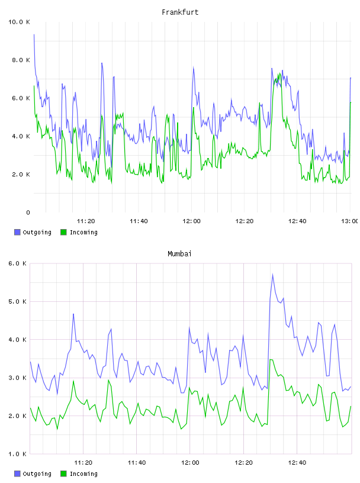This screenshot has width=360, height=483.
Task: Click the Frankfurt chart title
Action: pos(180,12)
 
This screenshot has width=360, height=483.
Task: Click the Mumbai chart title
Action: pos(179,253)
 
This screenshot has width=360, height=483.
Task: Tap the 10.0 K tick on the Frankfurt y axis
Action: pos(19,22)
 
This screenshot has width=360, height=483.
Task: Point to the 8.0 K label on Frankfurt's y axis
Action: pos(21,60)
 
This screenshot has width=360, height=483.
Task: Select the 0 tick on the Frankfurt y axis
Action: pos(28,212)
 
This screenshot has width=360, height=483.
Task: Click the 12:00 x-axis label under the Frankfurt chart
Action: pos(191,221)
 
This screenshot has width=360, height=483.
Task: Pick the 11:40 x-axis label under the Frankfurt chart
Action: pos(139,221)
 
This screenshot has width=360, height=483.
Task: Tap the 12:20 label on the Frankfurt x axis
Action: pos(245,221)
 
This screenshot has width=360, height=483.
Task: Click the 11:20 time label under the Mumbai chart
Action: pos(83,463)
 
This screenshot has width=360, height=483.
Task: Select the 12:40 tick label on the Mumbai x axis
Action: pos(297,463)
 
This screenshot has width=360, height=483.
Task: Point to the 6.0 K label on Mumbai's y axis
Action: pos(18,263)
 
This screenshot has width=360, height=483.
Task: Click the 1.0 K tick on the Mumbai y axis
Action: pos(18,454)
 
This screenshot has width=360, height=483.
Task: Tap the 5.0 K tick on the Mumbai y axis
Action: pos(18,301)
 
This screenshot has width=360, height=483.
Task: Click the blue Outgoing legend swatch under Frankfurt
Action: pos(17,232)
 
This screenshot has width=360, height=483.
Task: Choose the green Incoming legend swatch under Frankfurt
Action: pos(63,232)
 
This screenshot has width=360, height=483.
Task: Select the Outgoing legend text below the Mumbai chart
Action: pos(37,474)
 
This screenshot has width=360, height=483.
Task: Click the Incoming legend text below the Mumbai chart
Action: pos(83,474)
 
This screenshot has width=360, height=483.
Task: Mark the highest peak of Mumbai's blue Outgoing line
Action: pos(273,275)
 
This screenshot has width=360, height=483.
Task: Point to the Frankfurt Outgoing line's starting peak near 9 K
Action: pos(34,34)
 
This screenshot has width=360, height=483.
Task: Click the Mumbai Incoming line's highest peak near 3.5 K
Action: pos(271,359)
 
